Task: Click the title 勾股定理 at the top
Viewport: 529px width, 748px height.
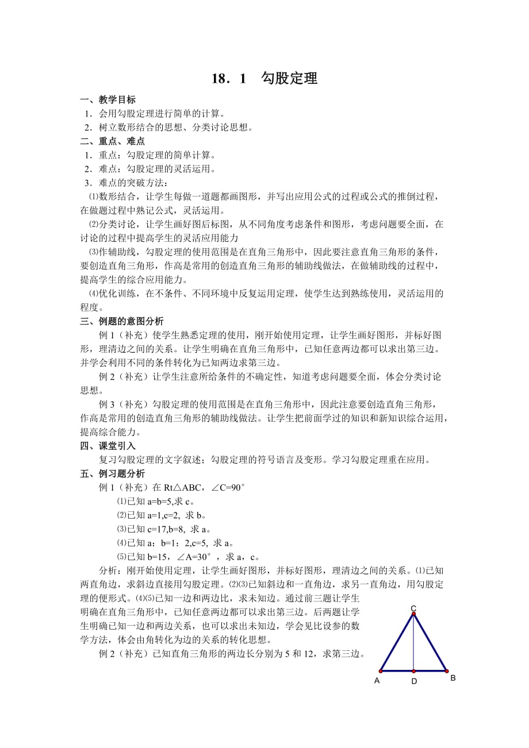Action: click(289, 79)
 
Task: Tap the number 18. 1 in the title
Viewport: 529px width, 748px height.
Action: click(228, 79)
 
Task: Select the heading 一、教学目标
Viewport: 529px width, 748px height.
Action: click(108, 99)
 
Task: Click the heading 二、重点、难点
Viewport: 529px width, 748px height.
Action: click(112, 141)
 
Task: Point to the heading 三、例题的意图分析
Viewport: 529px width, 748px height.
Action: click(122, 321)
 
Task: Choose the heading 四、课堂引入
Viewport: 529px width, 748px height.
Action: click(108, 446)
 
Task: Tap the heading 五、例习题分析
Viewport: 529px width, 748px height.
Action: click(112, 473)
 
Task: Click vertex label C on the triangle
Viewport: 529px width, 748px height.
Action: click(413, 608)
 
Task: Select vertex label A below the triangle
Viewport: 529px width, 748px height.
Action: click(377, 680)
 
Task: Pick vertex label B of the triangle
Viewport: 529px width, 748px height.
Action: click(453, 678)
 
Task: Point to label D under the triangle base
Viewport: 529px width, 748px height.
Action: click(414, 681)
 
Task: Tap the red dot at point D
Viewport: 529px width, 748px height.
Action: click(414, 670)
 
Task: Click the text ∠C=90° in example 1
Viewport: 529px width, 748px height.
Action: click(228, 488)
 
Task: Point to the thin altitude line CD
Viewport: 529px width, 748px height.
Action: click(413, 643)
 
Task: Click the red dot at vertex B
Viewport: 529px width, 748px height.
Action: click(447, 670)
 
